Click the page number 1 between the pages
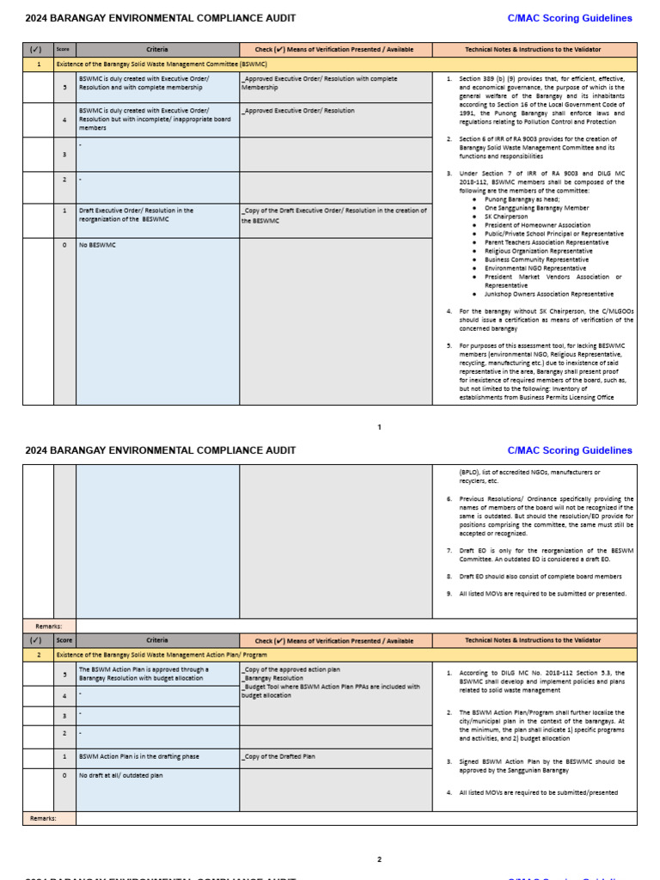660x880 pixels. click(x=379, y=427)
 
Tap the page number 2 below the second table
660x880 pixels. click(x=379, y=859)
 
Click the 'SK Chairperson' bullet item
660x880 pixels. click(x=506, y=217)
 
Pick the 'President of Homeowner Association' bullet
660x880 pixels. click(x=537, y=225)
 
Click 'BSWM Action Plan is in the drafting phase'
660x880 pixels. click(x=138, y=756)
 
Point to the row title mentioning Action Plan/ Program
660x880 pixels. click(x=162, y=655)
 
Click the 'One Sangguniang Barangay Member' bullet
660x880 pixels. click(x=536, y=208)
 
